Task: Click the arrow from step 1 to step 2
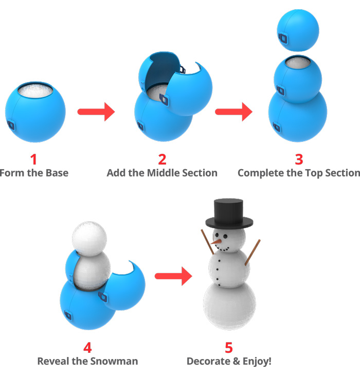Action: coord(96,111)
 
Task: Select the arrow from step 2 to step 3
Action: coord(233,111)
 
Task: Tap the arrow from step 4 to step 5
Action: coord(173,276)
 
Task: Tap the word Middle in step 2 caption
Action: coord(165,173)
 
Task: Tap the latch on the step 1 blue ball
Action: coord(11,125)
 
